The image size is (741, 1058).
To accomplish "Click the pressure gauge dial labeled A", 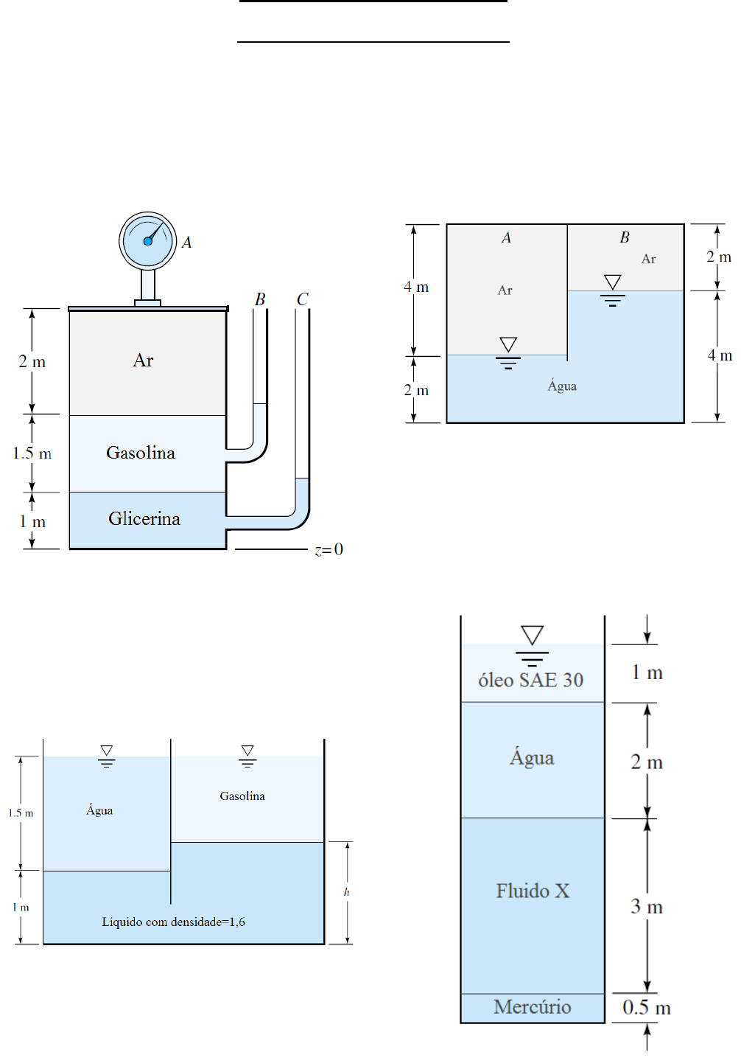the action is pyautogui.click(x=147, y=241).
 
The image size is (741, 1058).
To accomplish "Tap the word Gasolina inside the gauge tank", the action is pyautogui.click(x=141, y=453).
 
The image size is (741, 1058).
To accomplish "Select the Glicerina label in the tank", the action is pyautogui.click(x=144, y=518).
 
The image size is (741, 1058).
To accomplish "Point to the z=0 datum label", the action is pyautogui.click(x=329, y=549).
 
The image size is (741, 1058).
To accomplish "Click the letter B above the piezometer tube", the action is pyautogui.click(x=259, y=299).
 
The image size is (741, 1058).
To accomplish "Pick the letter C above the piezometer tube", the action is pyautogui.click(x=302, y=299).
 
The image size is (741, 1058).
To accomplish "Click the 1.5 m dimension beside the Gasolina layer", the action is pyautogui.click(x=32, y=453).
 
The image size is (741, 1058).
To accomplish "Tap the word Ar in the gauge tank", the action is pyautogui.click(x=143, y=361).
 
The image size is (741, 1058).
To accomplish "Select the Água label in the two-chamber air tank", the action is pyautogui.click(x=562, y=386).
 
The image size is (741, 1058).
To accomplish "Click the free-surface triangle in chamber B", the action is pyautogui.click(x=613, y=282).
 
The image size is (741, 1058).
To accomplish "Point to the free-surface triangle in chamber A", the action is pyautogui.click(x=508, y=344).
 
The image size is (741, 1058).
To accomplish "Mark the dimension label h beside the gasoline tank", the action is pyautogui.click(x=346, y=892).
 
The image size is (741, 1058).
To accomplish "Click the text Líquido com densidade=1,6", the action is pyautogui.click(x=173, y=922).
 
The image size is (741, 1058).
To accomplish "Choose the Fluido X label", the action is pyautogui.click(x=533, y=891).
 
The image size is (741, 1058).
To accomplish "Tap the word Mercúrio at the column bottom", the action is pyautogui.click(x=533, y=1006).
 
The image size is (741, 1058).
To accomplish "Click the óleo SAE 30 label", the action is pyautogui.click(x=530, y=680).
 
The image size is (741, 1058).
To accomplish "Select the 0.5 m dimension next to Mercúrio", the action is pyautogui.click(x=646, y=1007).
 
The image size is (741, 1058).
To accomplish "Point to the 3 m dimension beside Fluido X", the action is pyautogui.click(x=646, y=906).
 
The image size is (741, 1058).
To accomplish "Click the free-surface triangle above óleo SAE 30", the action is pyautogui.click(x=532, y=635).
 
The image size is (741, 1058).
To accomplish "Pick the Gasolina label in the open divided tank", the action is pyautogui.click(x=242, y=796).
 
